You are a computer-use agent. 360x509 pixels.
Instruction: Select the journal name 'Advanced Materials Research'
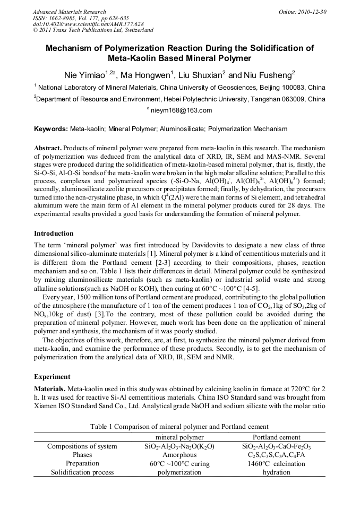coord(69,12)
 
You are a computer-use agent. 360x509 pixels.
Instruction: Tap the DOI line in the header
coord(88,24)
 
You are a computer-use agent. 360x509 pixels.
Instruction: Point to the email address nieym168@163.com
coord(182,110)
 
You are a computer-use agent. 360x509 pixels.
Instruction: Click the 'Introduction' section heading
coord(54,234)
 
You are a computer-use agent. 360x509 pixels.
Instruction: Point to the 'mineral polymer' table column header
coord(179,437)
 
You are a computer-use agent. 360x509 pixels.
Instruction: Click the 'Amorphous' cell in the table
coord(179,455)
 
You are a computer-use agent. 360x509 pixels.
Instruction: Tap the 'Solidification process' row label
coord(82,472)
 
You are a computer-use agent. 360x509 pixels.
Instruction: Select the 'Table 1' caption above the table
coord(179,427)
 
